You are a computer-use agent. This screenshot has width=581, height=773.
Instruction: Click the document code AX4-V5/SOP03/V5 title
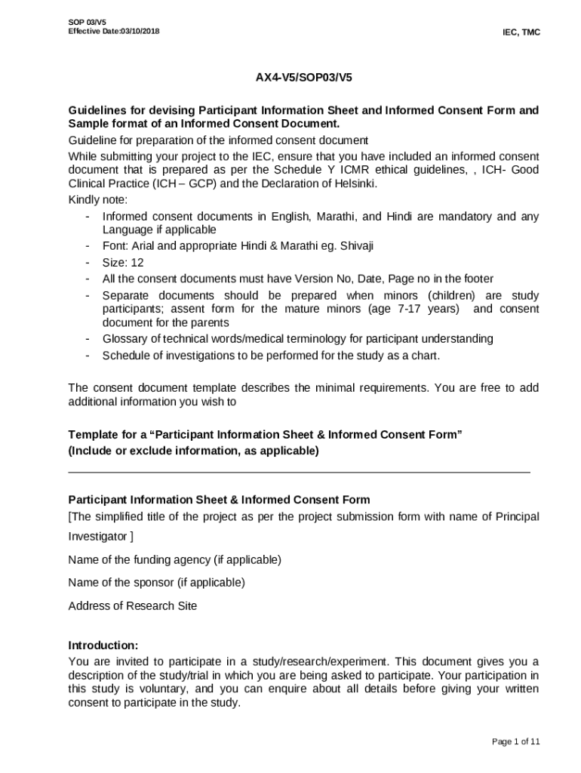point(303,78)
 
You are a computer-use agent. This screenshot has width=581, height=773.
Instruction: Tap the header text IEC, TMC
point(521,32)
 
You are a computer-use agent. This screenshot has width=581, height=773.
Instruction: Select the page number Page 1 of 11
point(515,741)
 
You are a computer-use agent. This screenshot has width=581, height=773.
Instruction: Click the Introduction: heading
point(103,645)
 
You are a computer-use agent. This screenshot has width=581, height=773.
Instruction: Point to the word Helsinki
point(352,184)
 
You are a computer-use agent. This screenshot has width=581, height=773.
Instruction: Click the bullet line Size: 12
point(123,263)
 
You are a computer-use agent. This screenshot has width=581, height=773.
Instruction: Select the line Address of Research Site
point(133,605)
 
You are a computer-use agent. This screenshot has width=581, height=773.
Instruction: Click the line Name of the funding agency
point(174,559)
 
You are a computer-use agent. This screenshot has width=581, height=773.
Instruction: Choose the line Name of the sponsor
point(156,582)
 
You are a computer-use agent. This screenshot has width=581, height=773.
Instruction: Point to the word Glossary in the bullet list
point(124,339)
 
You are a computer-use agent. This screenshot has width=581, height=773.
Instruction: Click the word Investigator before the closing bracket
point(97,537)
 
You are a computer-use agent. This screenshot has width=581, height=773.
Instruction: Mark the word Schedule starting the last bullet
point(126,356)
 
